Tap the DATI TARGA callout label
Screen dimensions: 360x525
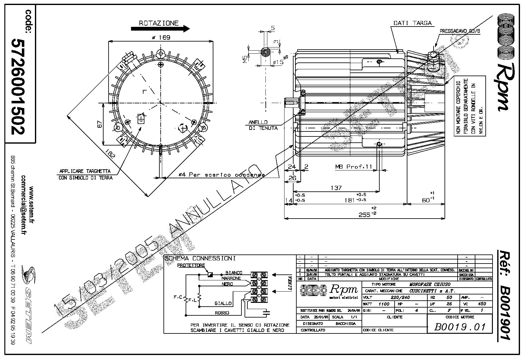pyautogui.click(x=412, y=23)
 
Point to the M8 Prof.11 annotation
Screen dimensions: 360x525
pyautogui.click(x=353, y=167)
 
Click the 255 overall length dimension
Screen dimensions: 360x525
pyautogui.click(x=365, y=215)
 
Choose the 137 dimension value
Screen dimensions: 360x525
pyautogui.click(x=336, y=188)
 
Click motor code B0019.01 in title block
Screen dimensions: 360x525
pyautogui.click(x=460, y=327)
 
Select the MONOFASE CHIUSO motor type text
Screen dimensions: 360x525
pyautogui.click(x=430, y=284)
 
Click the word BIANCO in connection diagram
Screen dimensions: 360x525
pyautogui.click(x=234, y=273)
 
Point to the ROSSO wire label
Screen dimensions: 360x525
pyautogui.click(x=222, y=313)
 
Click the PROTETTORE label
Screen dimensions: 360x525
pyautogui.click(x=191, y=265)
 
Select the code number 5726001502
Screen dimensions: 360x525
pyautogui.click(x=18, y=86)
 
